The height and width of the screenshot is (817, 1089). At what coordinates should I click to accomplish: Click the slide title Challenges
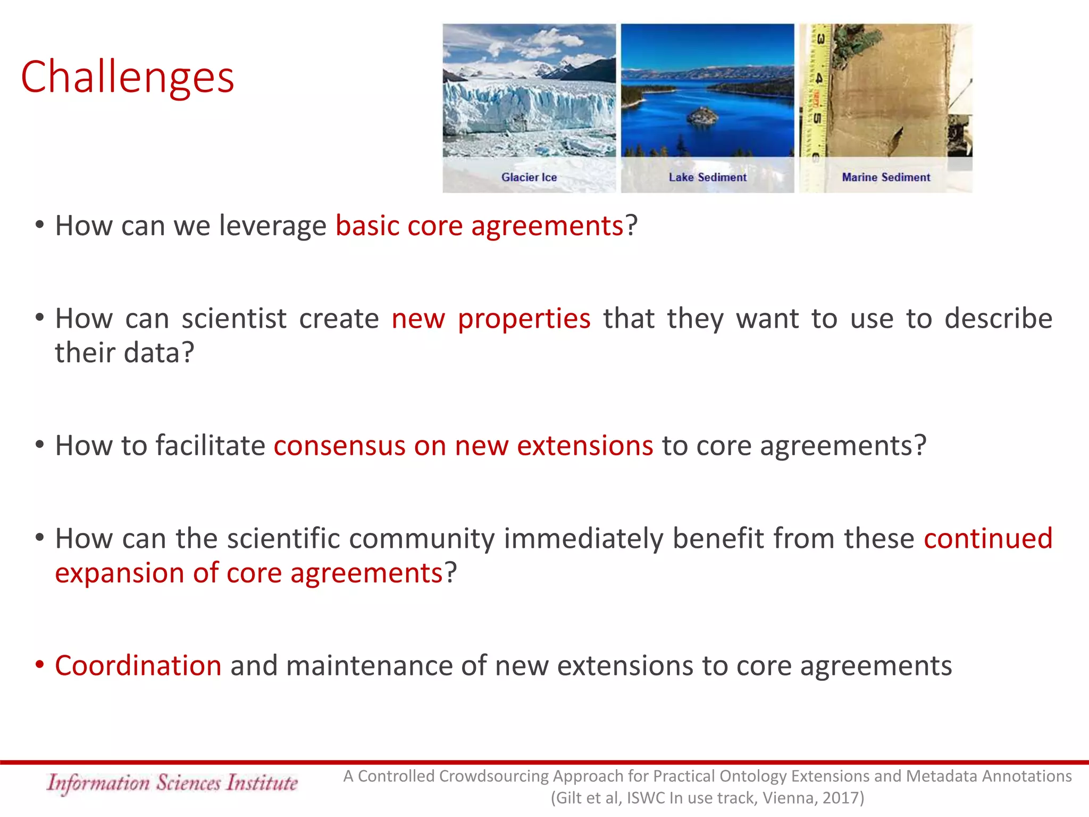pyautogui.click(x=128, y=77)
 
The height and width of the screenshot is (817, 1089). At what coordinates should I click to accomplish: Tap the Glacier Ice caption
pyautogui.click(x=529, y=177)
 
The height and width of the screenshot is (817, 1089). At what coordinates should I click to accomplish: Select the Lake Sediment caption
pyautogui.click(x=707, y=177)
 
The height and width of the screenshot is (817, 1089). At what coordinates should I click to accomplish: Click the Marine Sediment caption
pyautogui.click(x=886, y=177)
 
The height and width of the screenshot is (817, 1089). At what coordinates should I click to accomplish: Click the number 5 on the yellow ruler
pyautogui.click(x=817, y=118)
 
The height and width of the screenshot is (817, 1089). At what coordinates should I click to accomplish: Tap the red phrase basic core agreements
pyautogui.click(x=479, y=226)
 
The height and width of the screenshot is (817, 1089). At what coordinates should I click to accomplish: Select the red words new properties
pyautogui.click(x=491, y=319)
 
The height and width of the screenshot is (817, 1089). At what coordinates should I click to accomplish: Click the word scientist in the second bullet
pyautogui.click(x=234, y=319)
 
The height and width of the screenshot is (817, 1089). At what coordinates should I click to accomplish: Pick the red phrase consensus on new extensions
pyautogui.click(x=463, y=445)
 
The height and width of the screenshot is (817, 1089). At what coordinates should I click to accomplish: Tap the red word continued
pyautogui.click(x=988, y=538)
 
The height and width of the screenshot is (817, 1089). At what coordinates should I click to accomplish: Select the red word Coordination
pyautogui.click(x=138, y=665)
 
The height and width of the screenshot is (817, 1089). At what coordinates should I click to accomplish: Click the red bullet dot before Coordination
pyautogui.click(x=39, y=664)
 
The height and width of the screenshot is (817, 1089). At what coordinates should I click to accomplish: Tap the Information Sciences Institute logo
pyautogui.click(x=172, y=783)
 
